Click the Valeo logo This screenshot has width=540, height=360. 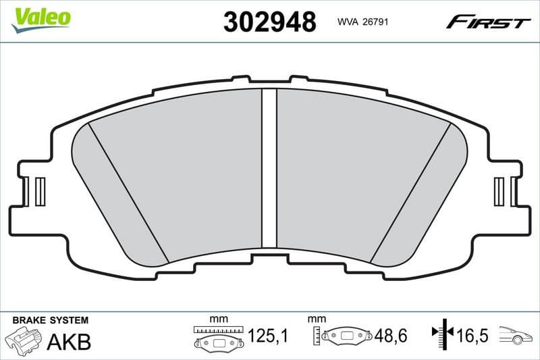coord(40,18)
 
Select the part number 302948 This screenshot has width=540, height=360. coord(269,22)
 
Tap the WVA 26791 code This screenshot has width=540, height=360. coord(361,22)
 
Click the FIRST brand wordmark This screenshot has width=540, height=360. coord(488,22)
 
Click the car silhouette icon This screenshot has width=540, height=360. coord(517,335)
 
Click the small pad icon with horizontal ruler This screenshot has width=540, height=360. coord(217,337)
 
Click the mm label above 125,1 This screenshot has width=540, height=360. coord(218,318)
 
